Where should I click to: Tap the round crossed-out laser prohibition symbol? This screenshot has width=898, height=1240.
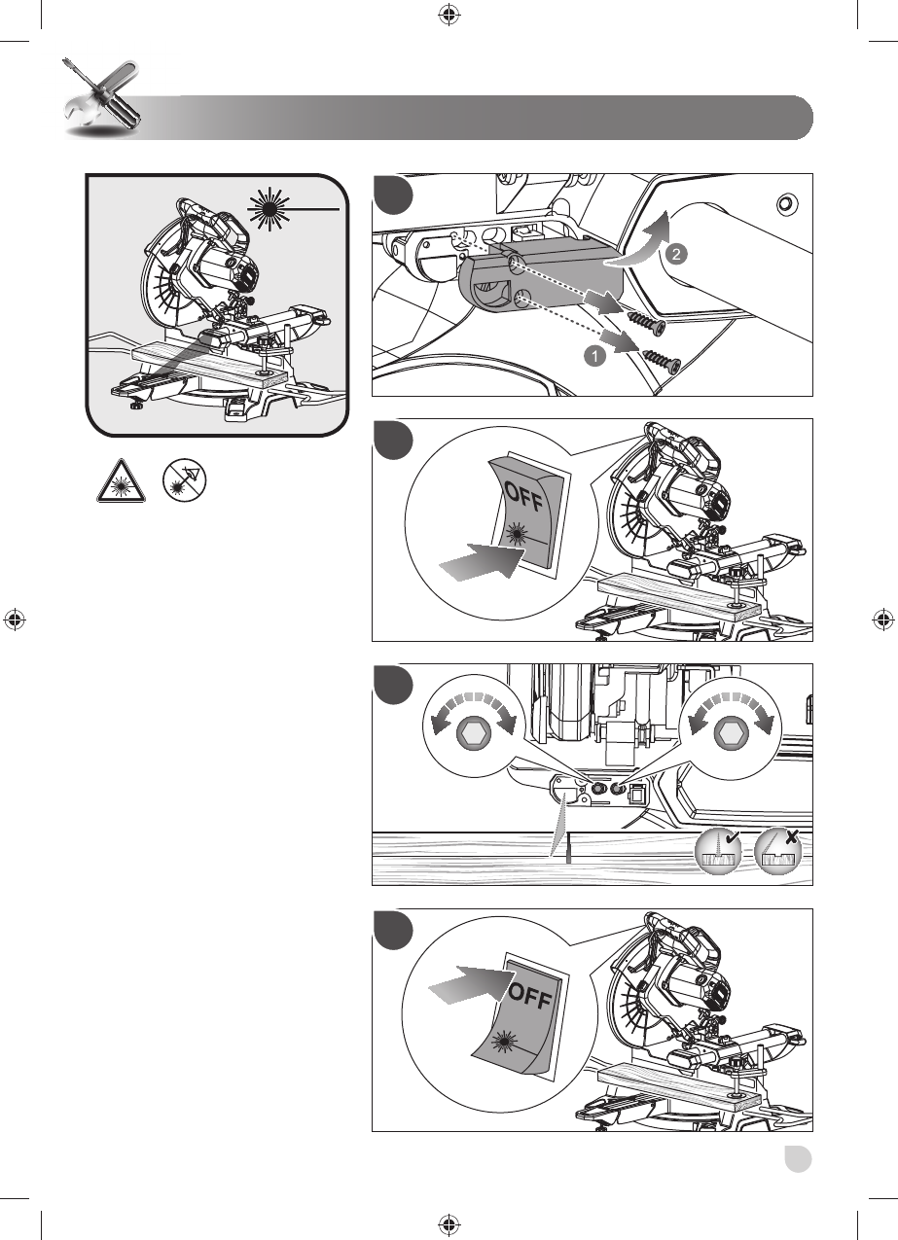click(x=184, y=481)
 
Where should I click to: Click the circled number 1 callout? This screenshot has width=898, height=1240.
click(x=594, y=356)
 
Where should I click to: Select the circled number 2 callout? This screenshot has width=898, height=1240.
click(x=676, y=254)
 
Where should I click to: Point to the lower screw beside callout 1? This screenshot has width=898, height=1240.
click(x=661, y=358)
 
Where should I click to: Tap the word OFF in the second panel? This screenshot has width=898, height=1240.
click(x=522, y=496)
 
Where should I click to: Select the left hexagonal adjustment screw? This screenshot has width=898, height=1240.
click(x=474, y=734)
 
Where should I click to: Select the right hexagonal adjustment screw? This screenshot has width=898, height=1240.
click(x=732, y=734)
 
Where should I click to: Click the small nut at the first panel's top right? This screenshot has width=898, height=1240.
click(x=784, y=205)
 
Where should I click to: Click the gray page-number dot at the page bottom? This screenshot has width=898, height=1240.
click(x=798, y=1158)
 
